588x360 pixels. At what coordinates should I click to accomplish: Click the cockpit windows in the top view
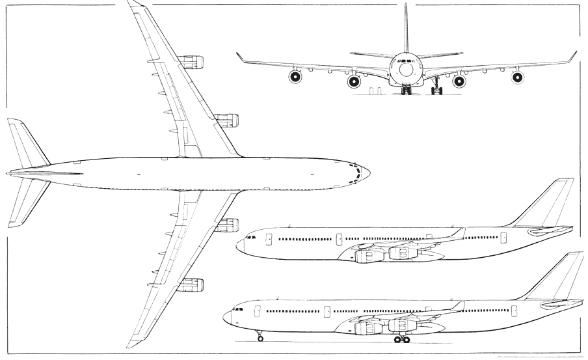356,173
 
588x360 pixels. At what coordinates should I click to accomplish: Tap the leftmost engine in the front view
295,77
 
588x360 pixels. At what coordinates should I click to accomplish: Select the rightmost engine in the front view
517,77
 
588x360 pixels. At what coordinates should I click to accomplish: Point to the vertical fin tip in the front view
406,5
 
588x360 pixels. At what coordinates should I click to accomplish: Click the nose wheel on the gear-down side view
260,338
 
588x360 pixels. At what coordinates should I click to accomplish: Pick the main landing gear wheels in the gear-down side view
402,339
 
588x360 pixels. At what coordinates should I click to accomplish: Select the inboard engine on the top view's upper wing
226,120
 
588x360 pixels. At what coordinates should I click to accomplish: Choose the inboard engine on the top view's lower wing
226,225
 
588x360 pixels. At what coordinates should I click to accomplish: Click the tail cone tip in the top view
8,173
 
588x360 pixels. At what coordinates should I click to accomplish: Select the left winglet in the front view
241,58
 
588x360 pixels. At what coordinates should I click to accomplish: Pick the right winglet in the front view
572,57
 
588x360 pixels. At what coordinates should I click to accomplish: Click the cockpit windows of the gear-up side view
251,237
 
